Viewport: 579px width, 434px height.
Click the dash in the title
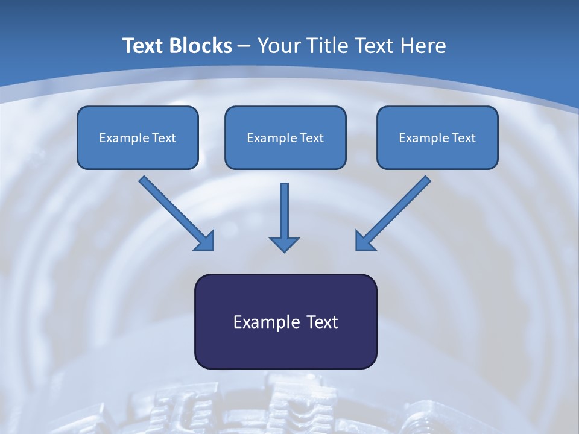coord(244,46)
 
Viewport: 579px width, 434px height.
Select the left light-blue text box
coord(138,137)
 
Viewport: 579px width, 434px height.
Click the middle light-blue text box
coord(285,137)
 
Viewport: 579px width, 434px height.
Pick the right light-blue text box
coord(437,137)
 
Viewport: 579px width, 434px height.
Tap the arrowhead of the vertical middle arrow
coord(284,244)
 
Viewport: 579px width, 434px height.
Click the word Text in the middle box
coord(312,138)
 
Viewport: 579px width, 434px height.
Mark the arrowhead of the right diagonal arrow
coord(365,241)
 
